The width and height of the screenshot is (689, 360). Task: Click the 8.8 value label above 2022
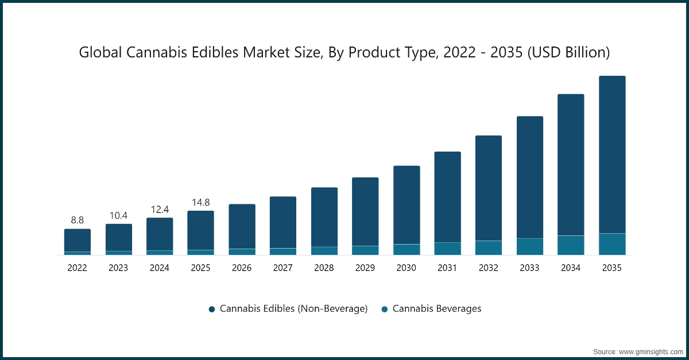pyautogui.click(x=77, y=220)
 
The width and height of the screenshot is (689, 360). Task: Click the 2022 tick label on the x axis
pyautogui.click(x=77, y=268)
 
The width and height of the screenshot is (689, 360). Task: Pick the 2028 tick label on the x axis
pyautogui.click(x=324, y=268)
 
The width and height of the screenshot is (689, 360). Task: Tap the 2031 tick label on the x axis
pyautogui.click(x=447, y=268)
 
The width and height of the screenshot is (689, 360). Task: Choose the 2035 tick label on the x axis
pyautogui.click(x=612, y=268)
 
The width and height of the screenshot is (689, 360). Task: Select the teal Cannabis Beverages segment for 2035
pyautogui.click(x=612, y=244)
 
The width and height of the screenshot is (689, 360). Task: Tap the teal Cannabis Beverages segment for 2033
pyautogui.click(x=530, y=246)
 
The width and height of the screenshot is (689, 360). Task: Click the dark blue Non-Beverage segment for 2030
pyautogui.click(x=407, y=205)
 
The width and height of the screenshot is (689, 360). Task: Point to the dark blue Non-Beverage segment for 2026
pyautogui.click(x=242, y=226)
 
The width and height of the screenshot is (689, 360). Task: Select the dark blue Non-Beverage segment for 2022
pyautogui.click(x=77, y=240)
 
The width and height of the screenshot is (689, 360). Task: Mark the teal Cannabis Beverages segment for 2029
pyautogui.click(x=365, y=250)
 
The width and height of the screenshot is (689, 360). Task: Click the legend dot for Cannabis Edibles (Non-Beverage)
pyautogui.click(x=212, y=309)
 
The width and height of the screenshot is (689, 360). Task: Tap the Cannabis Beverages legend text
pyautogui.click(x=436, y=309)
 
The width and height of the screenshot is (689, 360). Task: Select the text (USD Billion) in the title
pyautogui.click(x=568, y=53)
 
